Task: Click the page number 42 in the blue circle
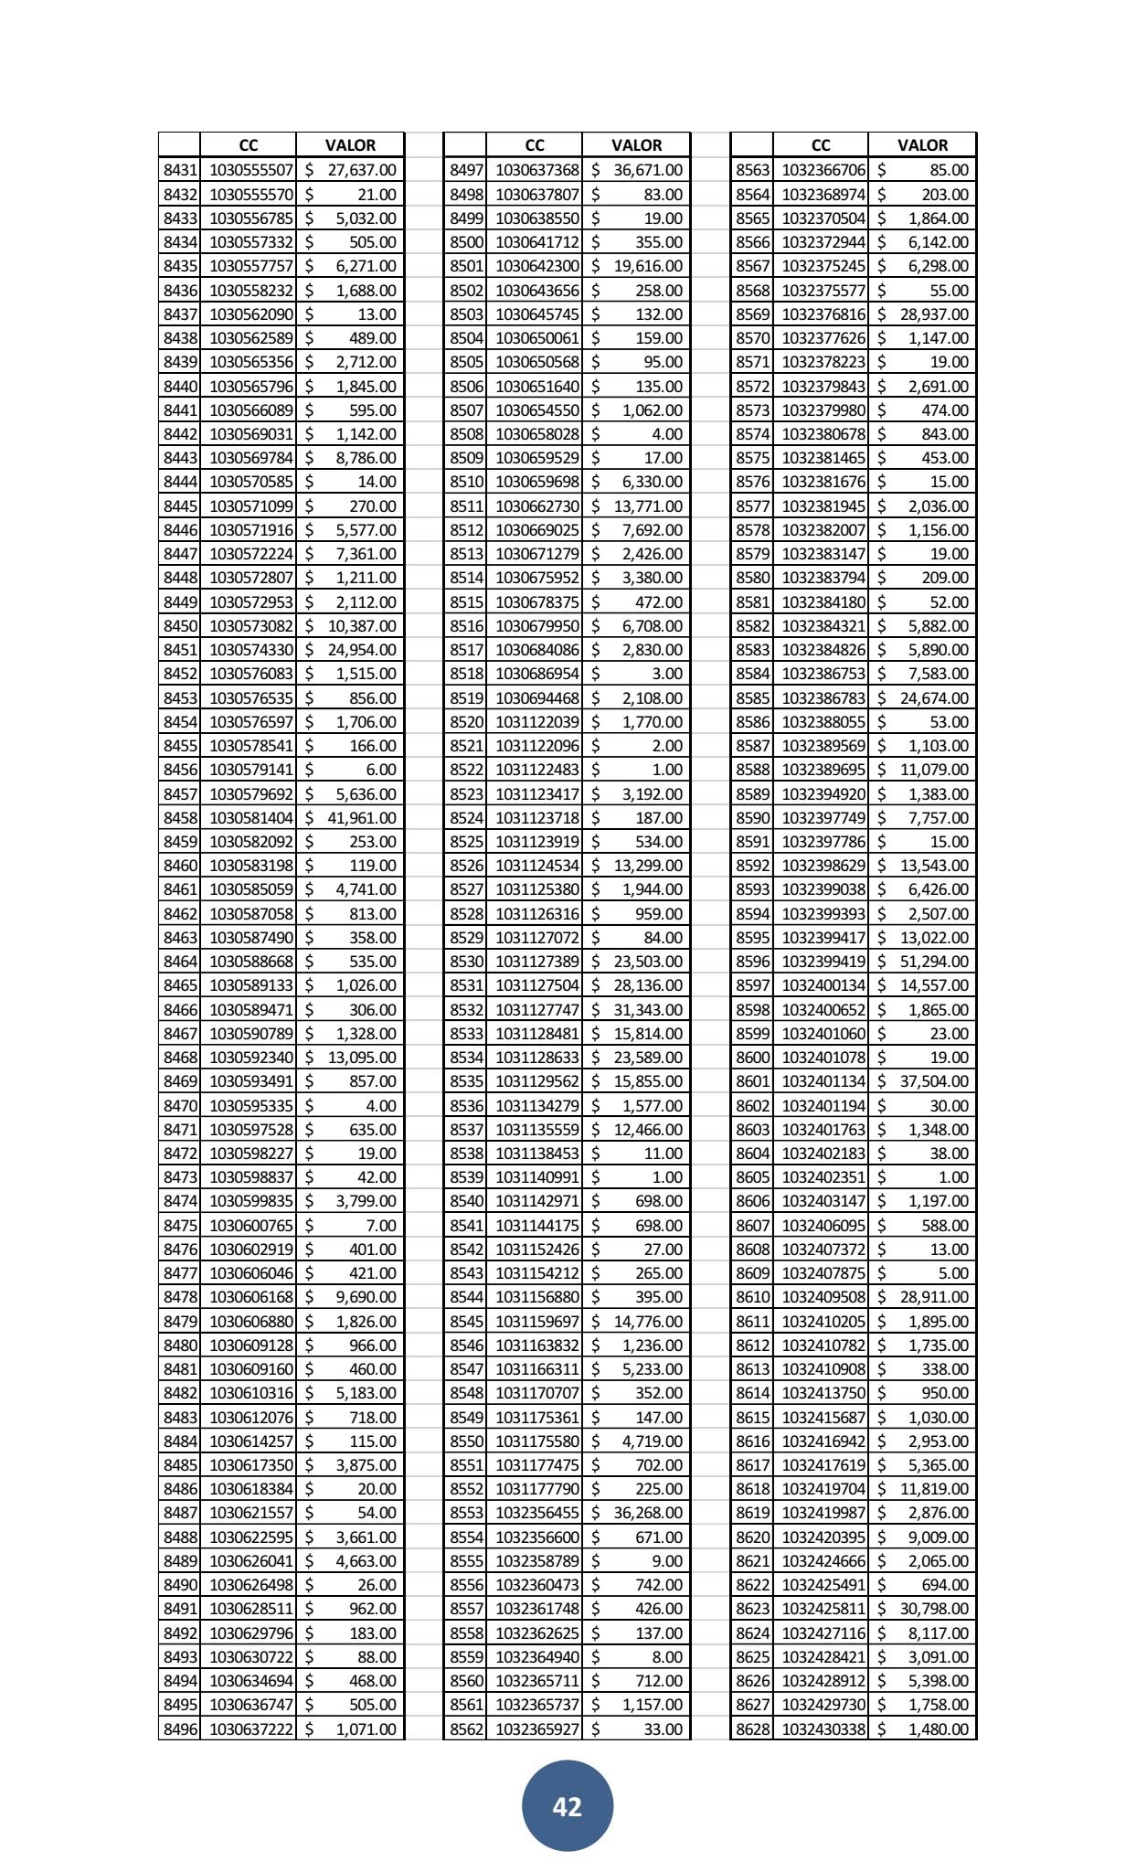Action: click(567, 1806)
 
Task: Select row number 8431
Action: click(180, 170)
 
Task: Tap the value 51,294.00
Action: click(934, 962)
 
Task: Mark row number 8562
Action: click(466, 1728)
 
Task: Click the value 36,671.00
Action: click(648, 170)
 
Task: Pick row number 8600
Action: click(752, 1058)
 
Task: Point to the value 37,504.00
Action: click(934, 1081)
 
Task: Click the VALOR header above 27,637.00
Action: click(350, 145)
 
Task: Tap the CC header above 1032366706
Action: click(821, 145)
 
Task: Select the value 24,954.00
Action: click(362, 650)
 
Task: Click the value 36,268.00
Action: click(648, 1513)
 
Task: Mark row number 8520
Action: click(466, 722)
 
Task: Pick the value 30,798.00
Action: click(934, 1609)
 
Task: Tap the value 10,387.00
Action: click(362, 626)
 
